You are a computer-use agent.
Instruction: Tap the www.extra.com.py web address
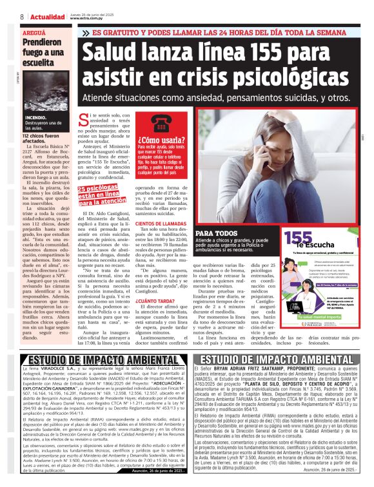coord(84,18)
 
